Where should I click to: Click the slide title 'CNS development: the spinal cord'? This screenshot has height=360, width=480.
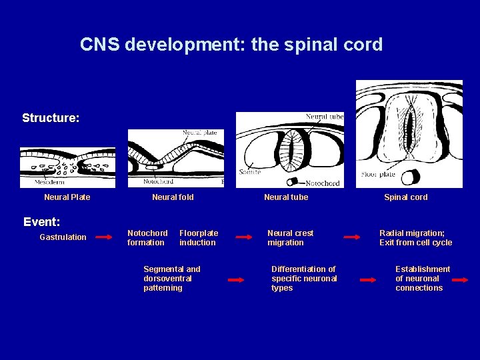(231, 45)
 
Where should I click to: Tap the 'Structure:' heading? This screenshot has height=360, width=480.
(51, 118)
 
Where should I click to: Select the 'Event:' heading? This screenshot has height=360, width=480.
(42, 221)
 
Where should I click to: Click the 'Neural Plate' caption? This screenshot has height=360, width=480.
(67, 197)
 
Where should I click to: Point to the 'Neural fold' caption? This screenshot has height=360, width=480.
(173, 197)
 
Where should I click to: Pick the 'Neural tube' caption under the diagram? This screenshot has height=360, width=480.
(286, 197)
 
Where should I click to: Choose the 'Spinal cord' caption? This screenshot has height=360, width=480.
(405, 197)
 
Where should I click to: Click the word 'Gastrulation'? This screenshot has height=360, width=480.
(63, 237)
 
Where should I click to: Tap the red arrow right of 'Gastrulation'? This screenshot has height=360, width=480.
(104, 237)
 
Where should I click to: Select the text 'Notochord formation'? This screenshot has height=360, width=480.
(147, 238)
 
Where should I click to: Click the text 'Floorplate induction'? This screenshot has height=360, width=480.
(199, 238)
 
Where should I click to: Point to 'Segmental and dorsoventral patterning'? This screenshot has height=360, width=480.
(171, 279)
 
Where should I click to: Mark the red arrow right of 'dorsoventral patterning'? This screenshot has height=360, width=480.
(236, 281)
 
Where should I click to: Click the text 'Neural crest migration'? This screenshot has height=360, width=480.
(290, 238)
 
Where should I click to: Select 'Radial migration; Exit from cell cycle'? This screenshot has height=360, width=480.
(415, 238)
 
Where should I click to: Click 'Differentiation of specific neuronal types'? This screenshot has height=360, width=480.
(304, 279)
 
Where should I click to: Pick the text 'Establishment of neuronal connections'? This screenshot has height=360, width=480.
(422, 279)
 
